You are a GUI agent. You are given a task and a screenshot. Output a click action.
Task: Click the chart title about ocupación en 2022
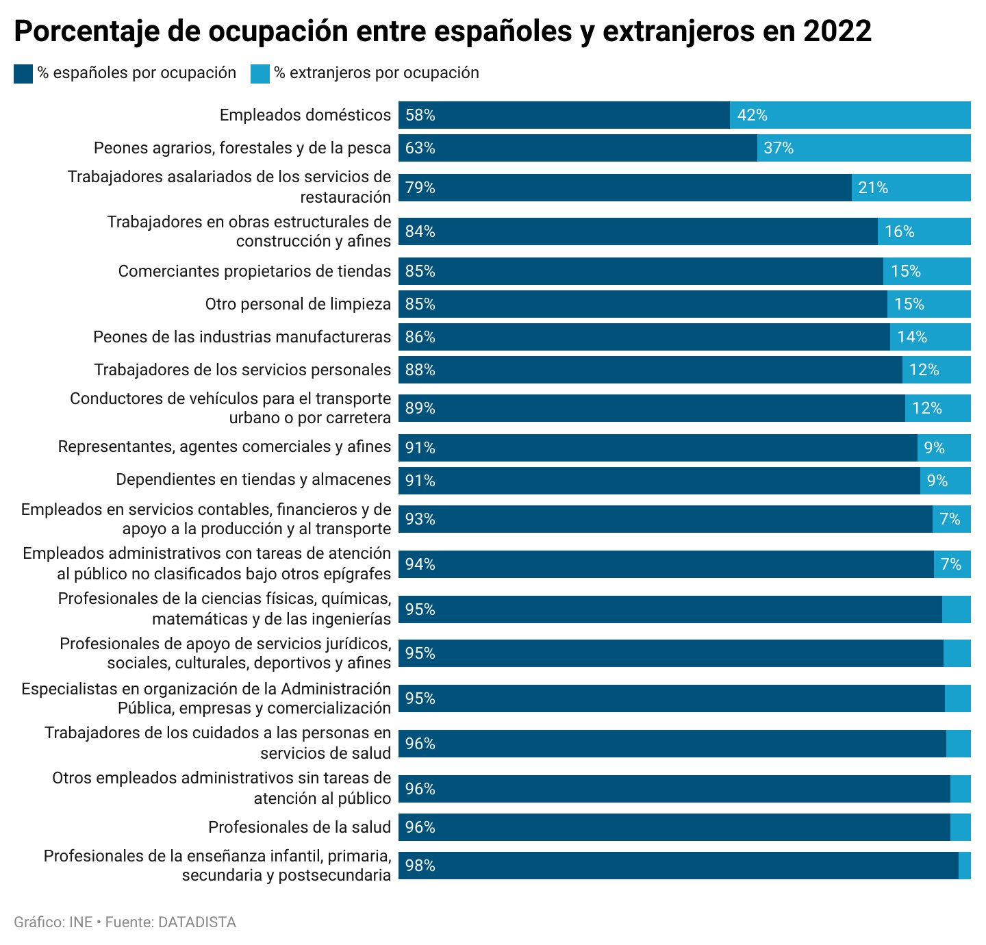point(442,32)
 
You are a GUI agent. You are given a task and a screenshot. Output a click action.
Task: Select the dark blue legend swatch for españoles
point(23,73)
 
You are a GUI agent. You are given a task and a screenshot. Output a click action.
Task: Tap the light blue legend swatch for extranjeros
point(260,73)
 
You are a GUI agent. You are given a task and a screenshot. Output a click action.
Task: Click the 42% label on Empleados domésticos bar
point(752,115)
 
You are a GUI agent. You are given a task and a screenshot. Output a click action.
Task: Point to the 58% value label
point(420,115)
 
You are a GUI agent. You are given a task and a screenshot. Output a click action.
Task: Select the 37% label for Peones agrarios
point(779,148)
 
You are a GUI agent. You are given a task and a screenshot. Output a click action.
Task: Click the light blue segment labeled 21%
point(911,188)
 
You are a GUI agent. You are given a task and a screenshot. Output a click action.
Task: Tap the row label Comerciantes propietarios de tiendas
point(254,271)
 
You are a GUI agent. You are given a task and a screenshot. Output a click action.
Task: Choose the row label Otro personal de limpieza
point(298,304)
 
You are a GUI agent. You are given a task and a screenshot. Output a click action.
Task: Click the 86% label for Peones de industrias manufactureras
point(420,337)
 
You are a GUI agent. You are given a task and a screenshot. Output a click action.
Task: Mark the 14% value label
point(912,337)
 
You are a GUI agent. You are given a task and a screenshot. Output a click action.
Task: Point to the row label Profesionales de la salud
point(299,827)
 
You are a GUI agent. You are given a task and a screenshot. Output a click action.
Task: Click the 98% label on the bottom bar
point(420,866)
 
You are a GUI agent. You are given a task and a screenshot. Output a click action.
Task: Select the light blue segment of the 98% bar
point(965,866)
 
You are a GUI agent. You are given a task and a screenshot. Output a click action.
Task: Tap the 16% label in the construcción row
point(899,231)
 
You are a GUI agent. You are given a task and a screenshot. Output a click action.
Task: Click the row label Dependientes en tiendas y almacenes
point(253,479)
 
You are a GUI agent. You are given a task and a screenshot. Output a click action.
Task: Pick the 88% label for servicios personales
point(420,370)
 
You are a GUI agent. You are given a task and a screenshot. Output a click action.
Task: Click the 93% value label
point(420,519)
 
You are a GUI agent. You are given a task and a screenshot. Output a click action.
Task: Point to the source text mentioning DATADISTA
point(125,922)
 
